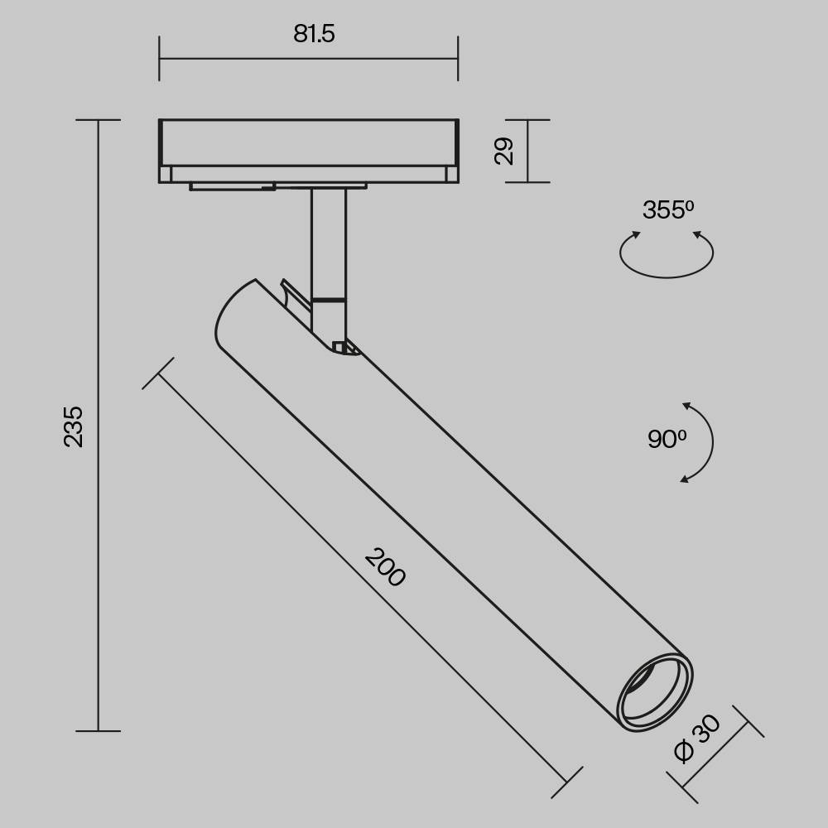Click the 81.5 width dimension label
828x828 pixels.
click(x=314, y=34)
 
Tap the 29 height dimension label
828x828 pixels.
click(x=504, y=151)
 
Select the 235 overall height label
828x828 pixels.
click(x=74, y=426)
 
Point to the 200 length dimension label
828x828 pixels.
click(x=385, y=568)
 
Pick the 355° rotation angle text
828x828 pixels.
click(x=667, y=210)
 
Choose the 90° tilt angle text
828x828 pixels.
click(x=667, y=440)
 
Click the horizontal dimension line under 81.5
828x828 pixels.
click(x=308, y=59)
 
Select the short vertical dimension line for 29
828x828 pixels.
click(x=527, y=151)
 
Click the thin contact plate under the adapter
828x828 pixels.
click(x=277, y=185)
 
